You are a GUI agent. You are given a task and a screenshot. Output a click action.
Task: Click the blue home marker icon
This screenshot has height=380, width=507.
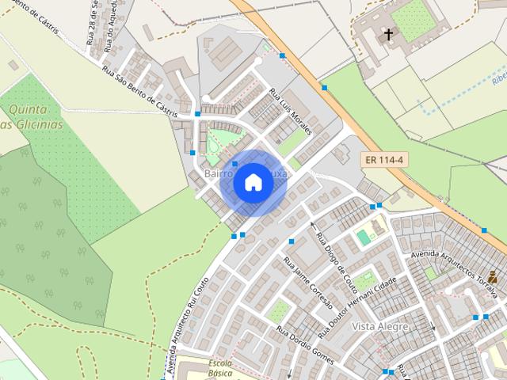(x=253, y=183)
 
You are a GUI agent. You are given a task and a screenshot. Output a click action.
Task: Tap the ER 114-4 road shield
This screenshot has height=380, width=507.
(x=385, y=159)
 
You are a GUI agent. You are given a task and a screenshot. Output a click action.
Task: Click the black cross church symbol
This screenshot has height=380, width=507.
(x=388, y=35)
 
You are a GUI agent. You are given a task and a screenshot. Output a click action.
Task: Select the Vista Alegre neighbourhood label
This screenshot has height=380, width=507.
(x=380, y=326)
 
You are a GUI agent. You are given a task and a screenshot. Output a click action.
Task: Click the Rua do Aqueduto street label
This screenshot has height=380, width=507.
(x=109, y=28)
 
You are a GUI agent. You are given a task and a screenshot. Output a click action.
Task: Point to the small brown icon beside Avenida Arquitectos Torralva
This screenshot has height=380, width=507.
(x=493, y=276)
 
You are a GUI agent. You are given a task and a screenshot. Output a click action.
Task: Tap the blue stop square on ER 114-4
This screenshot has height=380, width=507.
(x=324, y=87)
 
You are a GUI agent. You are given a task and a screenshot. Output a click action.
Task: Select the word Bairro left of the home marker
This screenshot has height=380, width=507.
(x=217, y=173)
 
